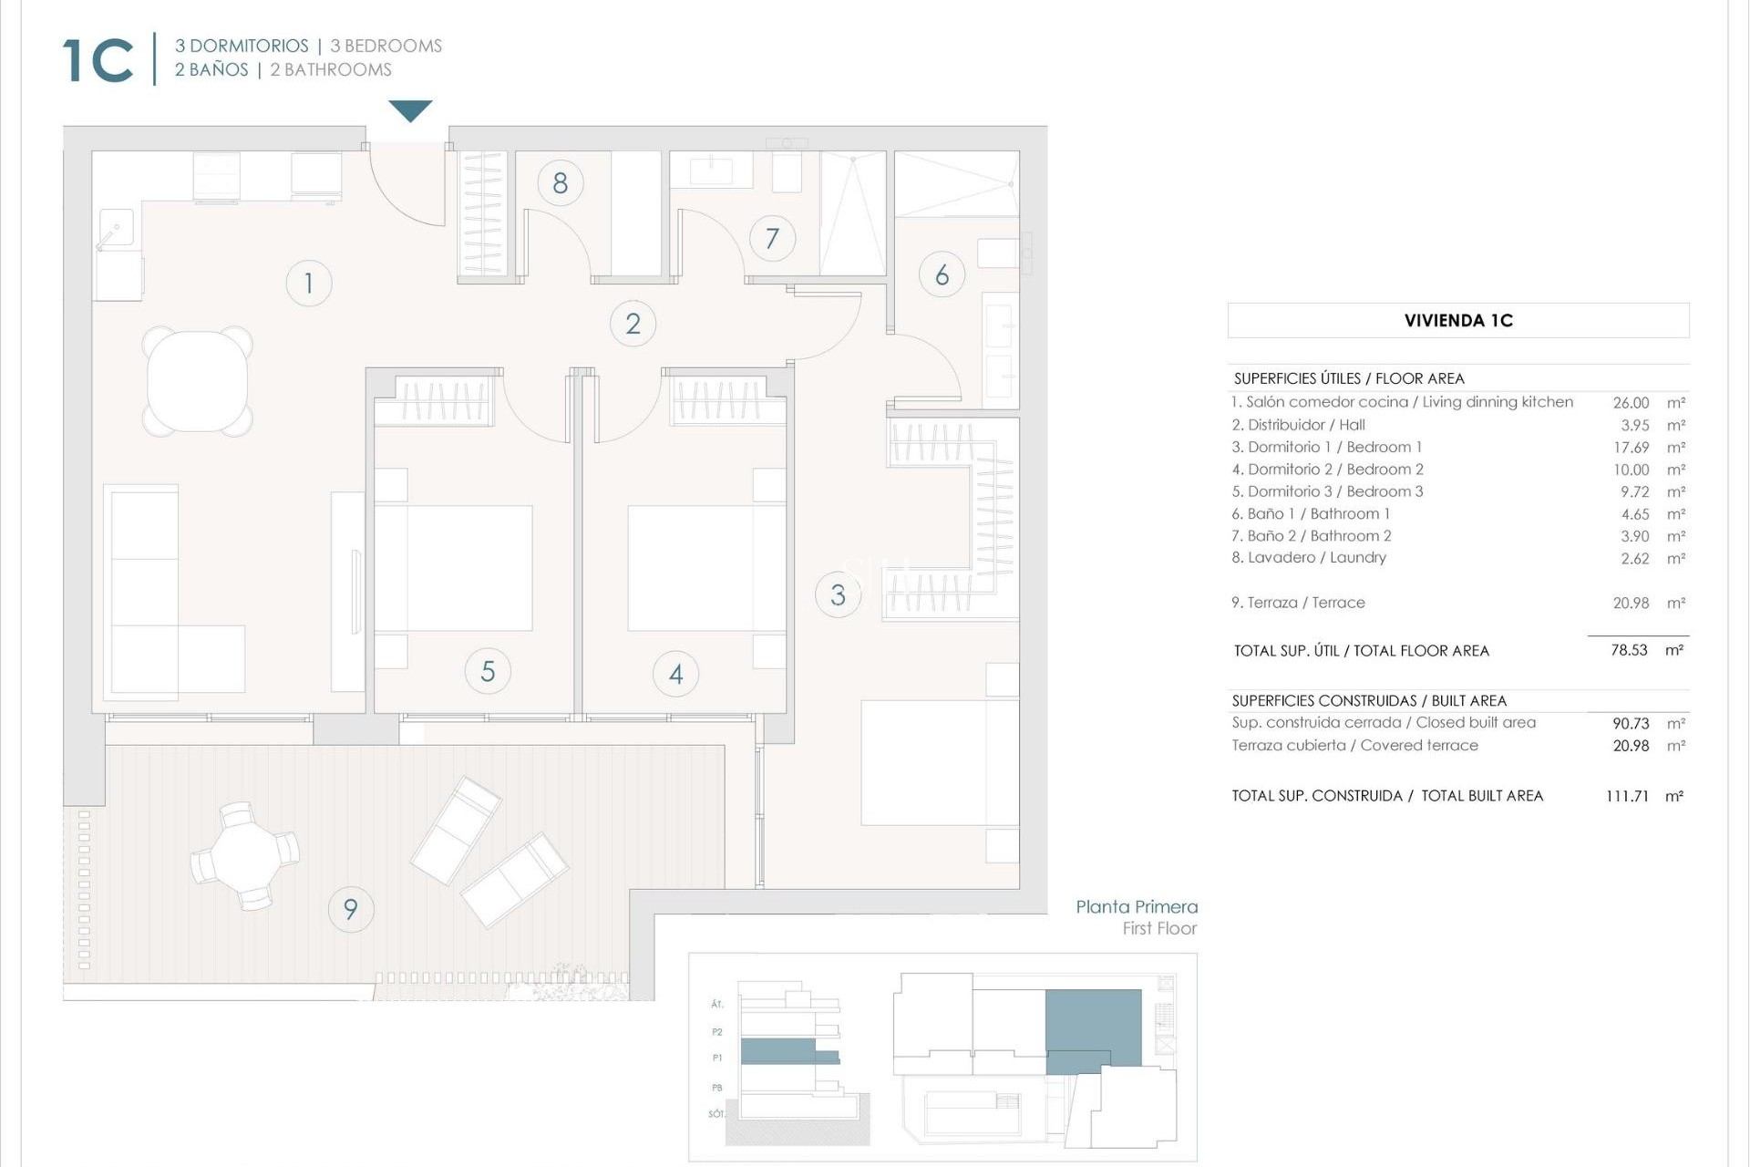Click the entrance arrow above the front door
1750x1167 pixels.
click(410, 110)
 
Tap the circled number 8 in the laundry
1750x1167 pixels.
click(560, 183)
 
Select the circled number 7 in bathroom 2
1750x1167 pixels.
click(772, 239)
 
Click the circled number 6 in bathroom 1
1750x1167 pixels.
click(942, 274)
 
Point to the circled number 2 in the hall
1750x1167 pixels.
click(633, 324)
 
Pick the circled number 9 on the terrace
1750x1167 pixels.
click(350, 909)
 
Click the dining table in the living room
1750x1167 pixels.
click(197, 380)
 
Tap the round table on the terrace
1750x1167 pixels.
click(244, 856)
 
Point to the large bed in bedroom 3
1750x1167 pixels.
click(939, 762)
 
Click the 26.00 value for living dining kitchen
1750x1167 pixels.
click(1630, 403)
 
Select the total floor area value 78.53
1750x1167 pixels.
click(1628, 651)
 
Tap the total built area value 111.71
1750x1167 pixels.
click(1627, 796)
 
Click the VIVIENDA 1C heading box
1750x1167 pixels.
click(1457, 321)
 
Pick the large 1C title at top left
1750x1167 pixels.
click(98, 61)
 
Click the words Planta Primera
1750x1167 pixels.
click(1136, 907)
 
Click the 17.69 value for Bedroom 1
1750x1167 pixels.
click(1630, 448)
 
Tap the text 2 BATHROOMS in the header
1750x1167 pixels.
click(330, 70)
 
